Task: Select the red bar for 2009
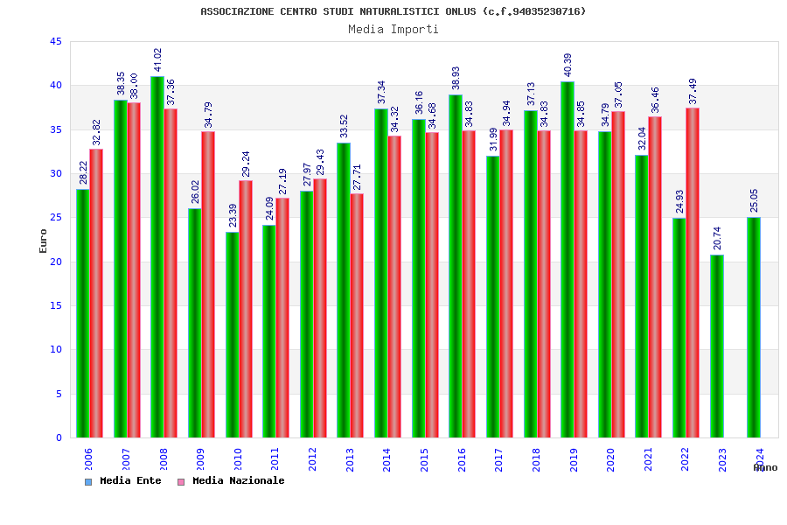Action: (208, 284)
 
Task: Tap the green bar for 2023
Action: (717, 346)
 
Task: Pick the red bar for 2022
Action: (693, 272)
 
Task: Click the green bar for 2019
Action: (568, 259)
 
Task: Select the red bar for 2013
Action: (357, 315)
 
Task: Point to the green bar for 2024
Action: (754, 327)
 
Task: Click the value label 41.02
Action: (158, 59)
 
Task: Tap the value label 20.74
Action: (718, 238)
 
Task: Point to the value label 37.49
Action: (693, 90)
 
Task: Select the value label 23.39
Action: (233, 215)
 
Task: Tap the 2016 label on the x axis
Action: (462, 460)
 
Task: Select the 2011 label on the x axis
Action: (275, 460)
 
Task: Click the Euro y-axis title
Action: (44, 241)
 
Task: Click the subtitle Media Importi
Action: (393, 29)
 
